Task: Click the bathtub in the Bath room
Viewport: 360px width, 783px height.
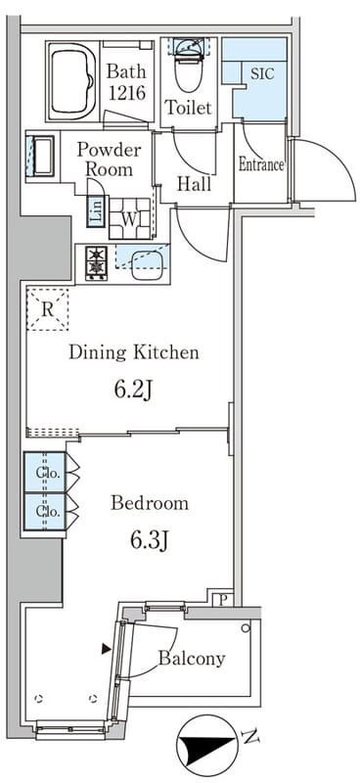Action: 73,80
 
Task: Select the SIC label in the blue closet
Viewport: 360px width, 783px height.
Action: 262,73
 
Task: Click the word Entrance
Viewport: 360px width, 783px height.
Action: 261,164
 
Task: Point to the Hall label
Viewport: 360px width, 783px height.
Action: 195,184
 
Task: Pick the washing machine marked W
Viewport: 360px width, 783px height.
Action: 130,218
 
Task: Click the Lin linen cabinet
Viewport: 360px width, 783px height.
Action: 95,212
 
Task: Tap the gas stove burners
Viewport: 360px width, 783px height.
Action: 96,261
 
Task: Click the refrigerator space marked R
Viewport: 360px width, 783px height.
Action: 47,309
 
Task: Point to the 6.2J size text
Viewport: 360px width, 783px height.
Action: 133,390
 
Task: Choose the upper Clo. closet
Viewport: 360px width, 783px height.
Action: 45,472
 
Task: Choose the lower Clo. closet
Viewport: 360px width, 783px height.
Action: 45,511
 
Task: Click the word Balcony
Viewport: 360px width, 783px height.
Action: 192,659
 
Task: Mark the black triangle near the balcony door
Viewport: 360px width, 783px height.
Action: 106,649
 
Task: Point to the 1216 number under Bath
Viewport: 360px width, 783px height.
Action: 127,92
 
